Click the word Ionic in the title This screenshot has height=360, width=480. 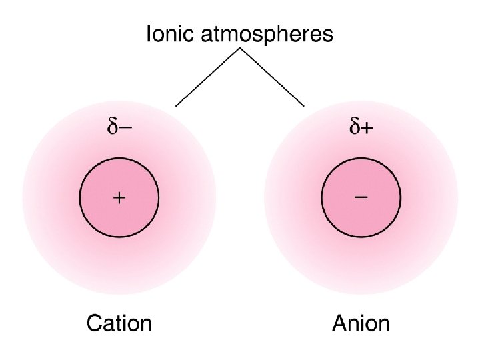(169, 34)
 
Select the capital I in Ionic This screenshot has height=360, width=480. (149, 34)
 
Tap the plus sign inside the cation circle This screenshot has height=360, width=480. (119, 197)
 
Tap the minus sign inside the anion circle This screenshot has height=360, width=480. (361, 197)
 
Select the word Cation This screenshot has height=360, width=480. (119, 324)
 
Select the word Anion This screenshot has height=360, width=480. (361, 324)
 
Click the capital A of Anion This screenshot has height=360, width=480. (340, 324)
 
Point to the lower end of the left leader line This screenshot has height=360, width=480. (176, 105)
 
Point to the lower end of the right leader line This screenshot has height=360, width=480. (304, 105)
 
